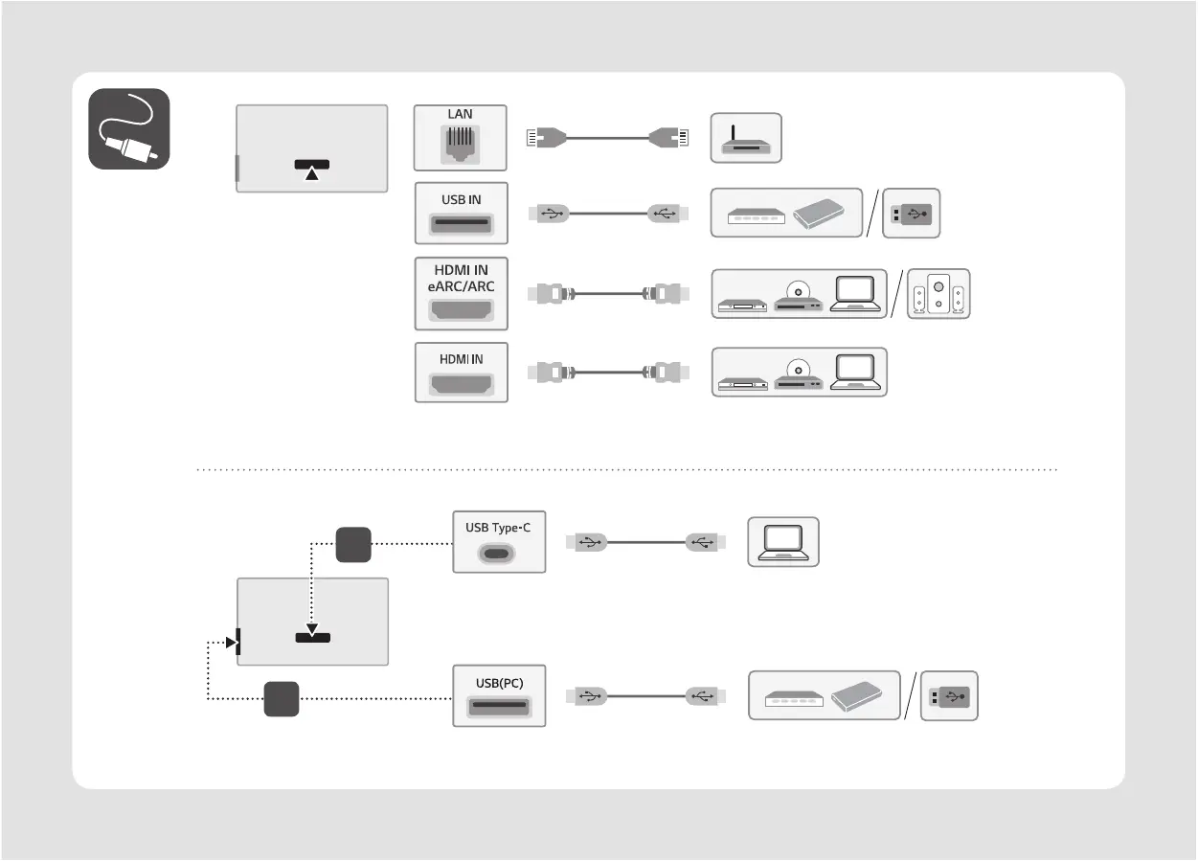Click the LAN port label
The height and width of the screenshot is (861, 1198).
tap(460, 114)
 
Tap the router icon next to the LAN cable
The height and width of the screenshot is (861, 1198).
tap(746, 138)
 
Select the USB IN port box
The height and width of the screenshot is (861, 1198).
tap(461, 213)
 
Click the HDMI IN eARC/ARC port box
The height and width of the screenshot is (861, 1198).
tap(461, 294)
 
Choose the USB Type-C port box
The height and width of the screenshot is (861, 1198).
tap(499, 542)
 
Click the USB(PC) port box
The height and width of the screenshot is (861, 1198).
tap(499, 695)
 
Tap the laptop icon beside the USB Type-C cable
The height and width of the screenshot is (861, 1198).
tap(782, 542)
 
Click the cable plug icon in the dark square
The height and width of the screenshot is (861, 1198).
tap(129, 129)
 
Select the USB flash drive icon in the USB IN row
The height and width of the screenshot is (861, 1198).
tap(913, 213)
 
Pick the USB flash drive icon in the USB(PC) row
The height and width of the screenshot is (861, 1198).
tap(949, 695)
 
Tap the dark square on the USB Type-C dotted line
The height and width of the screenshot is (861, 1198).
tap(352, 544)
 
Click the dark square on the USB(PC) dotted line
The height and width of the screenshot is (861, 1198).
tap(283, 698)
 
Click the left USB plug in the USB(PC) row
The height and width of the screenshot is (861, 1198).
tap(586, 696)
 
